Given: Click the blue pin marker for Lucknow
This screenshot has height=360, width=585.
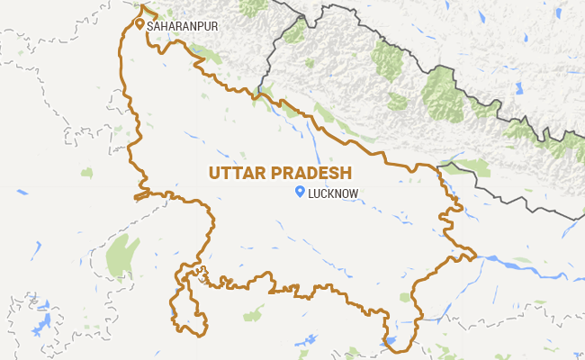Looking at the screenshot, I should coord(300,191).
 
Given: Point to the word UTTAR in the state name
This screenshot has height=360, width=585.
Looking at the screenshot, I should coord(237,172).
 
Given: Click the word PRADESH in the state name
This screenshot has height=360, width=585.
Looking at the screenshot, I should coord(310,172).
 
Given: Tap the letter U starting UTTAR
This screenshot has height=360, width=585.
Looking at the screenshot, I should coord(214,172).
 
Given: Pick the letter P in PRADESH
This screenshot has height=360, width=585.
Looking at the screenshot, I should coord(274,172).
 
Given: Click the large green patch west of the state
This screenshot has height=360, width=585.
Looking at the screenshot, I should coord(122,257).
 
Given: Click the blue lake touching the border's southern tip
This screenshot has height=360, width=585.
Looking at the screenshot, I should coord(390,342).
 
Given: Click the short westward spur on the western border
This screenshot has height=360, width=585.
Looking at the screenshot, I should coord(140,195).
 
